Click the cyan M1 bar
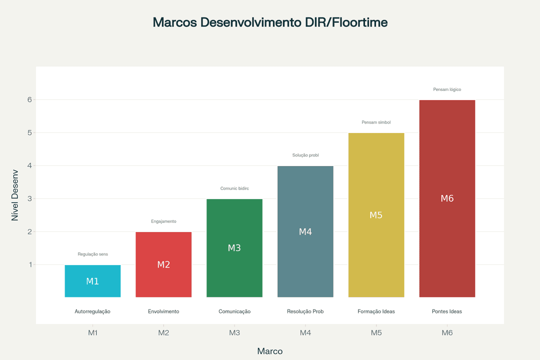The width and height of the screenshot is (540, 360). (92, 281)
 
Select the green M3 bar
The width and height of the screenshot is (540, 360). (234, 248)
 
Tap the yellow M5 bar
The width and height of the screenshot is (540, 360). (376, 215)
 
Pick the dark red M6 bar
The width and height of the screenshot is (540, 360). (447, 198)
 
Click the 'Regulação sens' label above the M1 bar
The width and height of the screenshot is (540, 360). (92, 254)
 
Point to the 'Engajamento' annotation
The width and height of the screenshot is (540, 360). (163, 221)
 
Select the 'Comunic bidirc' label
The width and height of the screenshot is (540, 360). (234, 188)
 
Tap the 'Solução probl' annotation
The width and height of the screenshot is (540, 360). (305, 155)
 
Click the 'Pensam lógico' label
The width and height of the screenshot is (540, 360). (447, 89)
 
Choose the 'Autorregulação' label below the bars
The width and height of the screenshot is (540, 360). (92, 311)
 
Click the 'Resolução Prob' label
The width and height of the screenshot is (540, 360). (305, 311)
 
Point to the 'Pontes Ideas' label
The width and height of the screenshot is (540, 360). (447, 311)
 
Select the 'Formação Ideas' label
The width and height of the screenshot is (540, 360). (376, 311)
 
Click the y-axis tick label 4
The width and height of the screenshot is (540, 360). (29, 165)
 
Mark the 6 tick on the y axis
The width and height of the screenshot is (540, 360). (29, 99)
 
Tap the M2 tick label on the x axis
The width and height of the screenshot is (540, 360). (163, 333)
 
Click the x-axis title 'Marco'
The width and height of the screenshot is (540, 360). (270, 351)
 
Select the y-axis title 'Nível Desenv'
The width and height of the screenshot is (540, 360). (15, 195)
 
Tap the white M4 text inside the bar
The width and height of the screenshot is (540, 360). (305, 232)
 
